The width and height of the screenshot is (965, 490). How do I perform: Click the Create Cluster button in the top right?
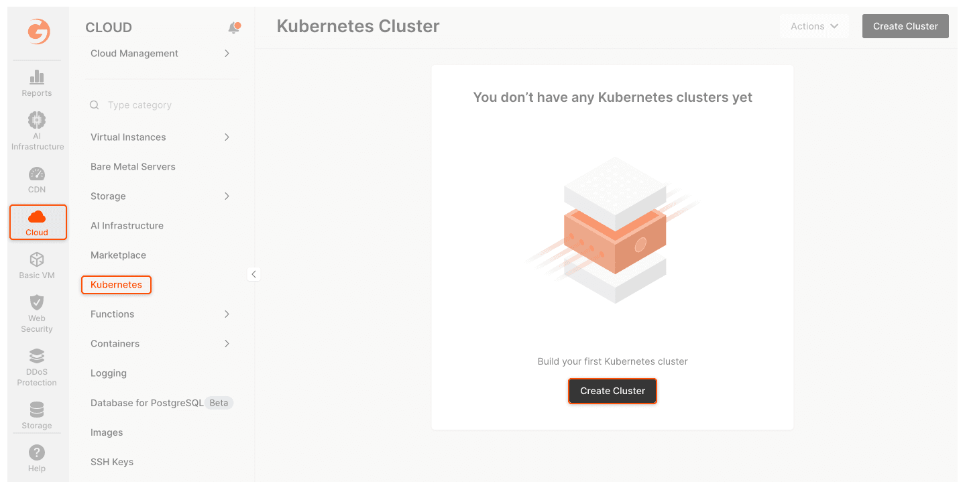(x=905, y=26)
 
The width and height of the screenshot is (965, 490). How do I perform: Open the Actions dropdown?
(x=814, y=26)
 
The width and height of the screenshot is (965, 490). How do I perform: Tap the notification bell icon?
(x=234, y=27)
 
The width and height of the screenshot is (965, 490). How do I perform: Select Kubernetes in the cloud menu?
(x=116, y=285)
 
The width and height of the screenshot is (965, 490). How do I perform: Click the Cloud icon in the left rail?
(x=37, y=217)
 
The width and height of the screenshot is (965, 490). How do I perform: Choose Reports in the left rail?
(x=37, y=84)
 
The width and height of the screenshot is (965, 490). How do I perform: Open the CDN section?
(x=37, y=180)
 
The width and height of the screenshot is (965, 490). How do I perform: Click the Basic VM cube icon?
(x=37, y=259)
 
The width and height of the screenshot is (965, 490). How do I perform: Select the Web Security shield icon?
(x=37, y=302)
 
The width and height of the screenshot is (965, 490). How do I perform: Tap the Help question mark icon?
(x=37, y=452)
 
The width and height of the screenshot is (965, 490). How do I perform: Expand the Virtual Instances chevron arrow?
(x=227, y=137)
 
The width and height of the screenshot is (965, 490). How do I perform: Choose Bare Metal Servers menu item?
(x=133, y=167)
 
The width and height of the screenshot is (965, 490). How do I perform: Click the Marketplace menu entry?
(x=118, y=255)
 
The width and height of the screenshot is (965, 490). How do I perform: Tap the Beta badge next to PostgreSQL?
(x=219, y=403)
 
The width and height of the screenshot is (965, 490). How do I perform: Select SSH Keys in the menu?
(x=112, y=462)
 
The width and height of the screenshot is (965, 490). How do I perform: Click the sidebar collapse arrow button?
(x=253, y=274)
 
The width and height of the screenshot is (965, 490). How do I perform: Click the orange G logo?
(x=39, y=31)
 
